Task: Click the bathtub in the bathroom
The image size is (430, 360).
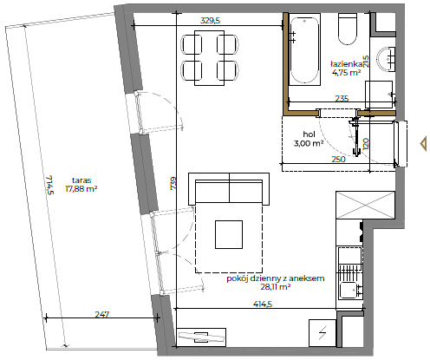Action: click(x=304, y=49)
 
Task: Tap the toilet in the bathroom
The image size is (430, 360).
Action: click(x=348, y=29)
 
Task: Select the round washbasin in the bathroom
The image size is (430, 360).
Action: click(x=386, y=59)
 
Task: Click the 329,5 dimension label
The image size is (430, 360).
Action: click(x=210, y=21)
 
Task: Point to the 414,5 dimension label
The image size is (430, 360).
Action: click(x=263, y=304)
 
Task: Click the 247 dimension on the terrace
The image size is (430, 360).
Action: click(x=102, y=314)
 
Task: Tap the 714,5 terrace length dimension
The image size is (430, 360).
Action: click(x=49, y=185)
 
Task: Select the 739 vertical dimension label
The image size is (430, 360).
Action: click(x=173, y=183)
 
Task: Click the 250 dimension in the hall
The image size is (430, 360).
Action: click(x=338, y=159)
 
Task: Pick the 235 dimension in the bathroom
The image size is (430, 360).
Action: click(x=342, y=99)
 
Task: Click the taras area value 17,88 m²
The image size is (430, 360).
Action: click(x=81, y=189)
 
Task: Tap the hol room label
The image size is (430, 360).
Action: click(x=309, y=134)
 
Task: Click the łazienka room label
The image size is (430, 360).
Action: click(x=347, y=64)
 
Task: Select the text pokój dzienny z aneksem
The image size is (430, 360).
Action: click(x=276, y=278)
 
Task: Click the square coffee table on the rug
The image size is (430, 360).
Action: click(x=229, y=234)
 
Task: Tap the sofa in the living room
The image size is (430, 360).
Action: click(x=229, y=189)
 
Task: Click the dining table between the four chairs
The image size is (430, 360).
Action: click(x=210, y=58)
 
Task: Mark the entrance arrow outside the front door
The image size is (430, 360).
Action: click(x=423, y=144)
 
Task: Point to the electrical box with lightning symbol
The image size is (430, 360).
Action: click(x=322, y=333)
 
